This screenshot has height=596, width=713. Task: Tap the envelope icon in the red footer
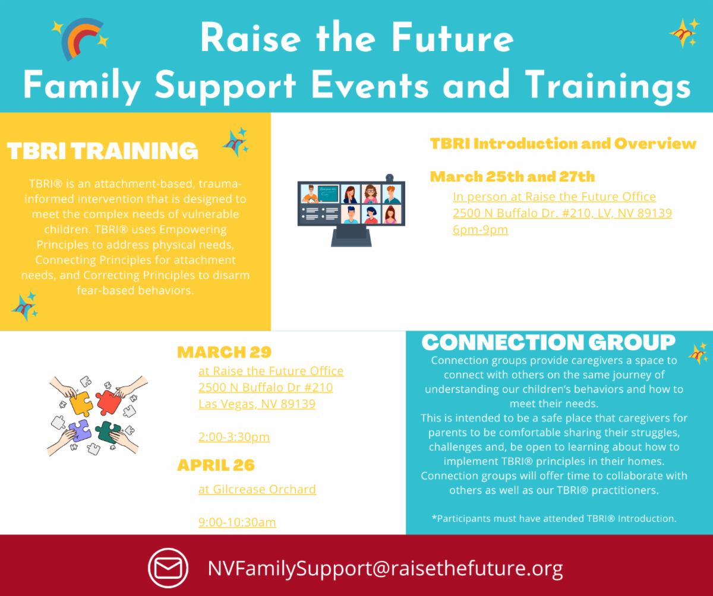(x=168, y=568)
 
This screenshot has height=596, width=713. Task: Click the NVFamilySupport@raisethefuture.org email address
(x=385, y=568)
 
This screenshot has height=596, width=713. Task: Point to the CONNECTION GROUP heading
(x=548, y=342)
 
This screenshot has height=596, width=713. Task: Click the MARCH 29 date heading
(x=225, y=352)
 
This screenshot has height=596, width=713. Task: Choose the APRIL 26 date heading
(x=216, y=465)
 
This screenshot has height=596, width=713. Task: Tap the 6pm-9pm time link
(x=481, y=230)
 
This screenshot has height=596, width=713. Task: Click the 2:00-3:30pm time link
(x=234, y=437)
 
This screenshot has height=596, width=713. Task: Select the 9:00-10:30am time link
(x=237, y=522)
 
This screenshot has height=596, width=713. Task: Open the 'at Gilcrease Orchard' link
(x=257, y=489)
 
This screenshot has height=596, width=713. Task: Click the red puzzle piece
(x=109, y=402)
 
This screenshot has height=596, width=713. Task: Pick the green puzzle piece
(x=108, y=432)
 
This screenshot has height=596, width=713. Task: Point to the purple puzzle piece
(x=80, y=430)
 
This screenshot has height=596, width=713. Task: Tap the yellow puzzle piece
(x=81, y=403)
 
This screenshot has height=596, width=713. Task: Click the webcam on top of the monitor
(x=390, y=177)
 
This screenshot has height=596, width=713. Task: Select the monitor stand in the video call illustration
(x=351, y=236)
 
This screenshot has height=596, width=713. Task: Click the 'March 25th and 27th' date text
(x=512, y=177)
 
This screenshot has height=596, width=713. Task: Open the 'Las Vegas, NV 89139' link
(x=257, y=404)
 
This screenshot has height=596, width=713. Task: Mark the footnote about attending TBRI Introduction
(x=554, y=519)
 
